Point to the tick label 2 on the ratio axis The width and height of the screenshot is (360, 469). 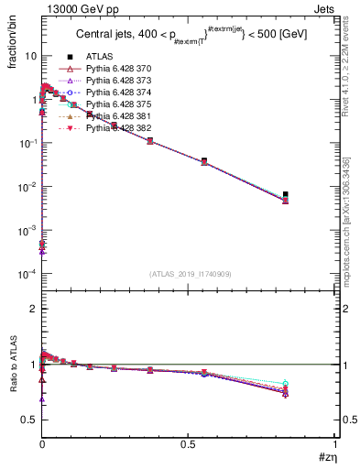coord(32,309)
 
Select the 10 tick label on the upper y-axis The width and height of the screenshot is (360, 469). coord(29,56)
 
